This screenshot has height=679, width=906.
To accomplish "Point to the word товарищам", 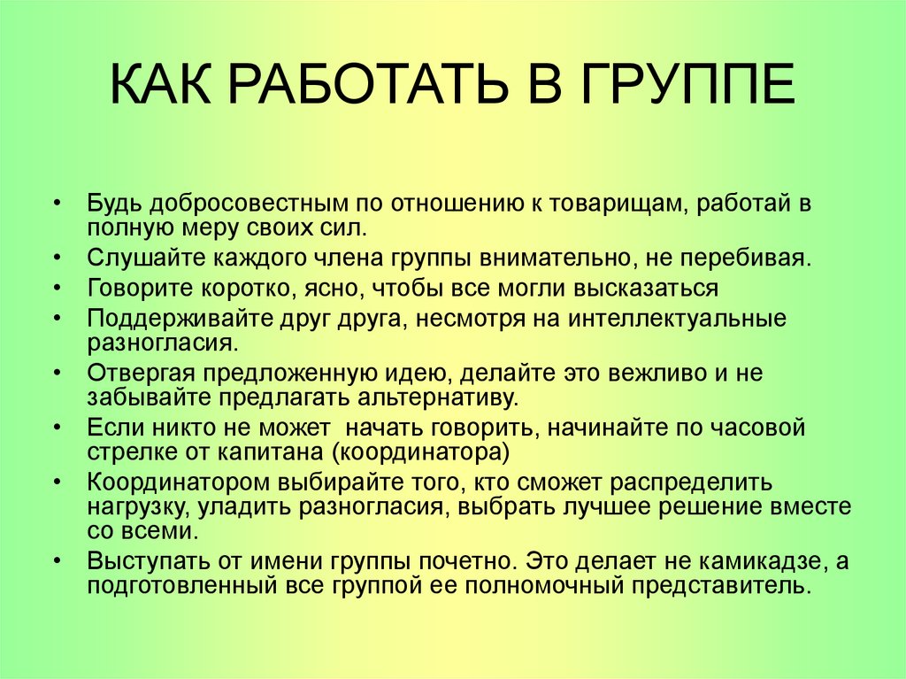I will pyautogui.click(x=620, y=204).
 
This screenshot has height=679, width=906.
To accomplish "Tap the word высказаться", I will pyautogui.click(x=646, y=288).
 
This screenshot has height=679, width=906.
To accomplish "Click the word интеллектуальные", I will pyautogui.click(x=672, y=318).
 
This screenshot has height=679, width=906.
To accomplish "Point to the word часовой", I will pyautogui.click(x=756, y=428).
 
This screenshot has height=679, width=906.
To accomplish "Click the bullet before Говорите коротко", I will pyautogui.click(x=58, y=289).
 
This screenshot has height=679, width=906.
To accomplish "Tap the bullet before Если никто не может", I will pyautogui.click(x=58, y=428).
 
